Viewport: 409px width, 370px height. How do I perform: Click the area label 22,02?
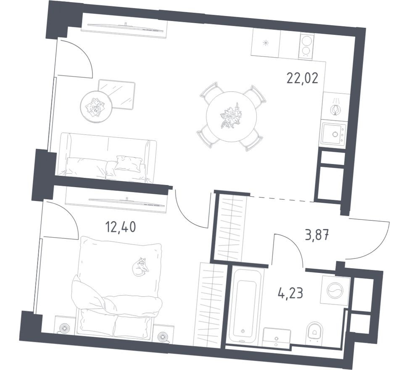point(305,78)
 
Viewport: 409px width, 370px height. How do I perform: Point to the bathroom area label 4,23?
point(290,292)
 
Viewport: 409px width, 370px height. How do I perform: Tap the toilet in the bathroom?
point(313,332)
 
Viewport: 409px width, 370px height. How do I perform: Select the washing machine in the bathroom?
point(335,290)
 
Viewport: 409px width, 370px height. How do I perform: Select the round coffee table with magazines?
point(96,107)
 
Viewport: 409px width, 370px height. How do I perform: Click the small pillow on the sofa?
point(128,164)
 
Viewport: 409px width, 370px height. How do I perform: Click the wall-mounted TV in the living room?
point(124,27)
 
